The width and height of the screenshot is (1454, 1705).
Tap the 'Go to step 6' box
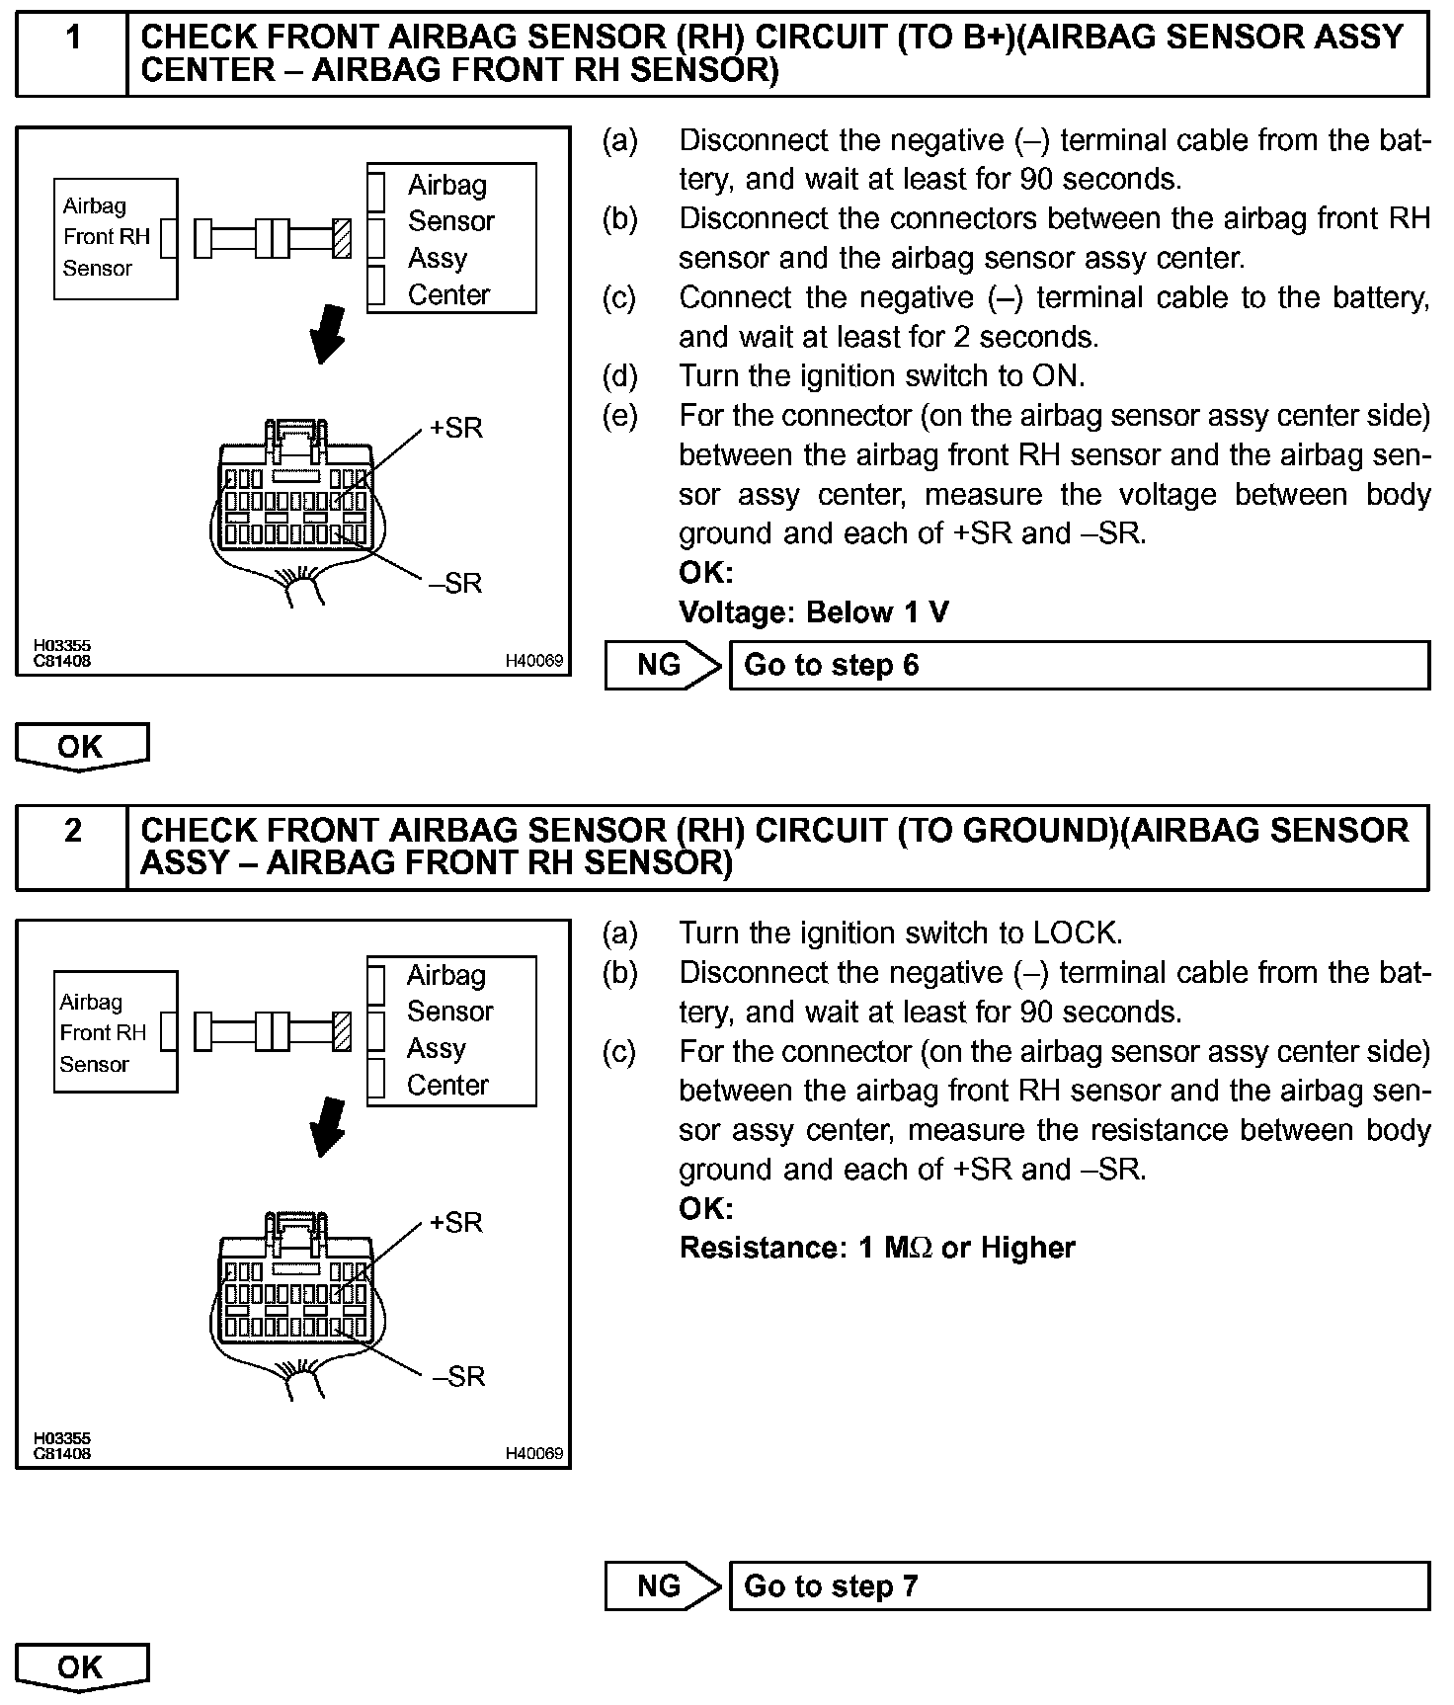click(x=1079, y=665)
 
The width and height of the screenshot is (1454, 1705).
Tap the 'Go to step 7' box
click(x=1079, y=1585)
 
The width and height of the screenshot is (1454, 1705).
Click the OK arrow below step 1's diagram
click(x=81, y=747)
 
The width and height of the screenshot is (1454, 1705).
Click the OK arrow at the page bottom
click(x=81, y=1667)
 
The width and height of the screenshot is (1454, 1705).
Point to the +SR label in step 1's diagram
click(x=456, y=429)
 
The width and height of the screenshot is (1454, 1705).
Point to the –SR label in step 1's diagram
click(x=456, y=583)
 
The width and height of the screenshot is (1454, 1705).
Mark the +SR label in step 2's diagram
click(x=456, y=1223)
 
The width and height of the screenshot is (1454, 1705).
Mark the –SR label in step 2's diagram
click(x=458, y=1376)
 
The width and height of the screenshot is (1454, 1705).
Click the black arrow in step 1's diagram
click(x=328, y=334)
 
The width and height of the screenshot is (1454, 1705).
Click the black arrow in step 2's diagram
click(x=328, y=1127)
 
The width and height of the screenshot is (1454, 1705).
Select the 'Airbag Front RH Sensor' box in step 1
click(x=116, y=238)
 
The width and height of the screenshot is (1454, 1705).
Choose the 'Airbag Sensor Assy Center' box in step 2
click(x=451, y=1030)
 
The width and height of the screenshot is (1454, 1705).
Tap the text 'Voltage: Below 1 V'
click(x=814, y=612)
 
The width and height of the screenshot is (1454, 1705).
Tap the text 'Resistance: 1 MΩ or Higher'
click(x=877, y=1248)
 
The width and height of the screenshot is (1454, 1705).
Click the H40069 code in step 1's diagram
click(x=533, y=661)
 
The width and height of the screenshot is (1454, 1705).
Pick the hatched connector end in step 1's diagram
click(x=342, y=238)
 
